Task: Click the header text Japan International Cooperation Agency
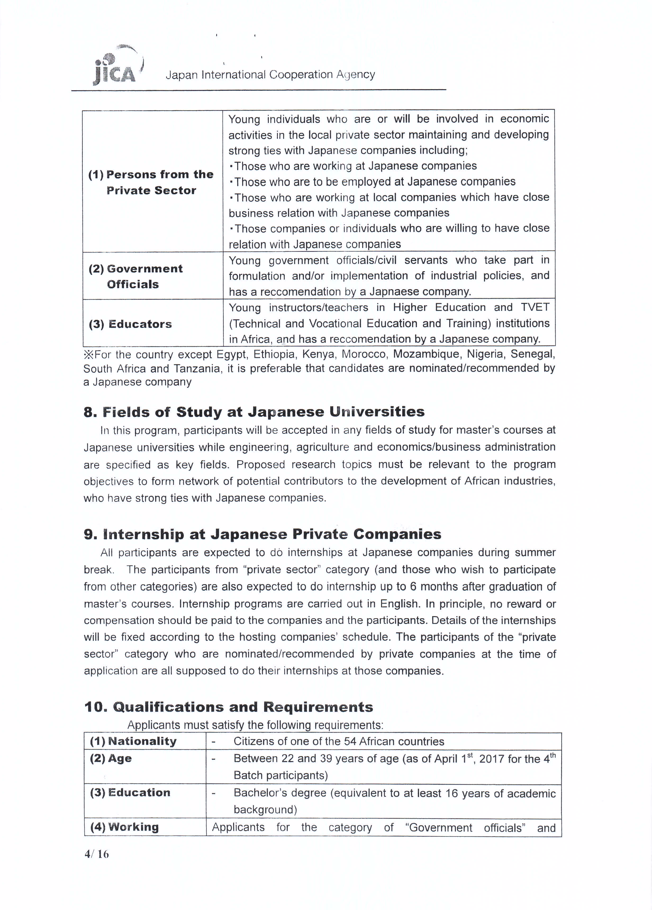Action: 270,75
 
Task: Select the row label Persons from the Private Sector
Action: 151,182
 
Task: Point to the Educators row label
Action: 130,324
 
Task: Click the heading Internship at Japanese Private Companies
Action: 262,534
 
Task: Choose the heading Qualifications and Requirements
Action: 229,707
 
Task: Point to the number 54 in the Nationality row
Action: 350,741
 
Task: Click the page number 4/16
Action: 97,854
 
